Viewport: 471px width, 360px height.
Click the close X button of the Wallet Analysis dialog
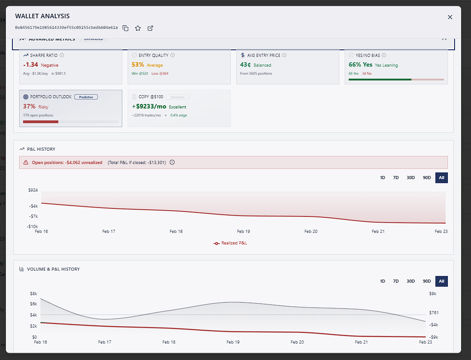coord(450,17)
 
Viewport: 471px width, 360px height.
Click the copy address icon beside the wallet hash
coord(125,28)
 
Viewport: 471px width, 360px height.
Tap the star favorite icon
coord(138,28)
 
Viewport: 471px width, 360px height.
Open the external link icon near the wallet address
coord(150,28)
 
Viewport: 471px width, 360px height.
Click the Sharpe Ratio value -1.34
coord(30,65)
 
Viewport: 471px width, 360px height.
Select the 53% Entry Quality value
coord(138,65)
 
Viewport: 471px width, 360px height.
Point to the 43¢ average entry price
coord(246,65)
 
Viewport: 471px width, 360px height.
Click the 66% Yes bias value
coord(360,65)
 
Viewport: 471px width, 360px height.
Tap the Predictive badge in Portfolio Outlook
coord(86,96)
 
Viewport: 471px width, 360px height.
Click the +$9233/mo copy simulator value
coord(149,107)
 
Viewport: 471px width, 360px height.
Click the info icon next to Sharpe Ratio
coord(62,56)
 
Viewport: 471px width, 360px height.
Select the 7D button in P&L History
coord(396,178)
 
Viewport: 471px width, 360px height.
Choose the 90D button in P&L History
coord(427,178)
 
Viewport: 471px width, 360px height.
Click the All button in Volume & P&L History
coord(441,281)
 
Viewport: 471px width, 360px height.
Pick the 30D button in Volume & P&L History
coord(410,281)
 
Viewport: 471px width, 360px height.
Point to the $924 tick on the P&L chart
coord(33,190)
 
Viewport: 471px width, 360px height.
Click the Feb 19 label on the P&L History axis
coord(243,232)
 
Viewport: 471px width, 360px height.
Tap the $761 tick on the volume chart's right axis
coord(434,313)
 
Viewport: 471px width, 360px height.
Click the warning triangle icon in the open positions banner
coord(26,163)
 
